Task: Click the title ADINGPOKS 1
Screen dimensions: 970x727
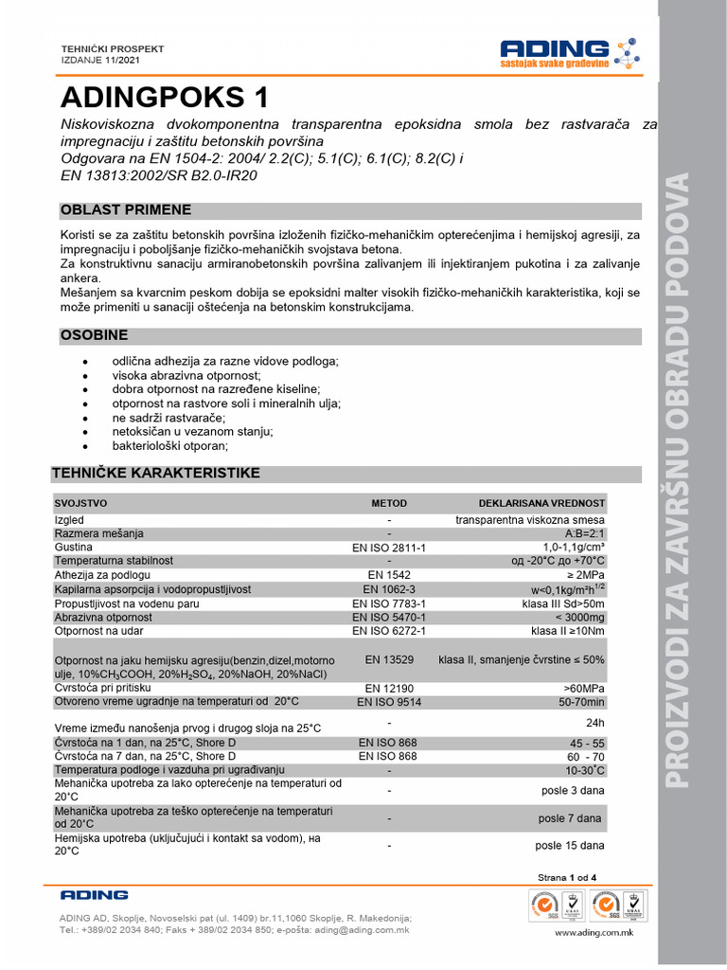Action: click(165, 98)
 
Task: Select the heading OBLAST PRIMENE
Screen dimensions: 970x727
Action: click(126, 210)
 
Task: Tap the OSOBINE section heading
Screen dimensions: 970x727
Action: click(94, 336)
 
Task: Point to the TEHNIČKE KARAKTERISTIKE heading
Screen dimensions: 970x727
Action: click(155, 473)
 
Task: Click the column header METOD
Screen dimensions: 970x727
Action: click(389, 504)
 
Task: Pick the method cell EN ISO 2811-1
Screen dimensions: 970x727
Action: click(389, 548)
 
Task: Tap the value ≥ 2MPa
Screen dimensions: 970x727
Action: click(585, 575)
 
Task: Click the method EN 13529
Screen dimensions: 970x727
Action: click(389, 658)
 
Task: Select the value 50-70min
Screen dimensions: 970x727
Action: click(581, 702)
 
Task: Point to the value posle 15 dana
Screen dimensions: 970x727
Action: click(570, 845)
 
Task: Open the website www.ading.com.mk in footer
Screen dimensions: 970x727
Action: click(593, 933)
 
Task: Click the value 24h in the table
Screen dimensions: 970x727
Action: click(594, 722)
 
